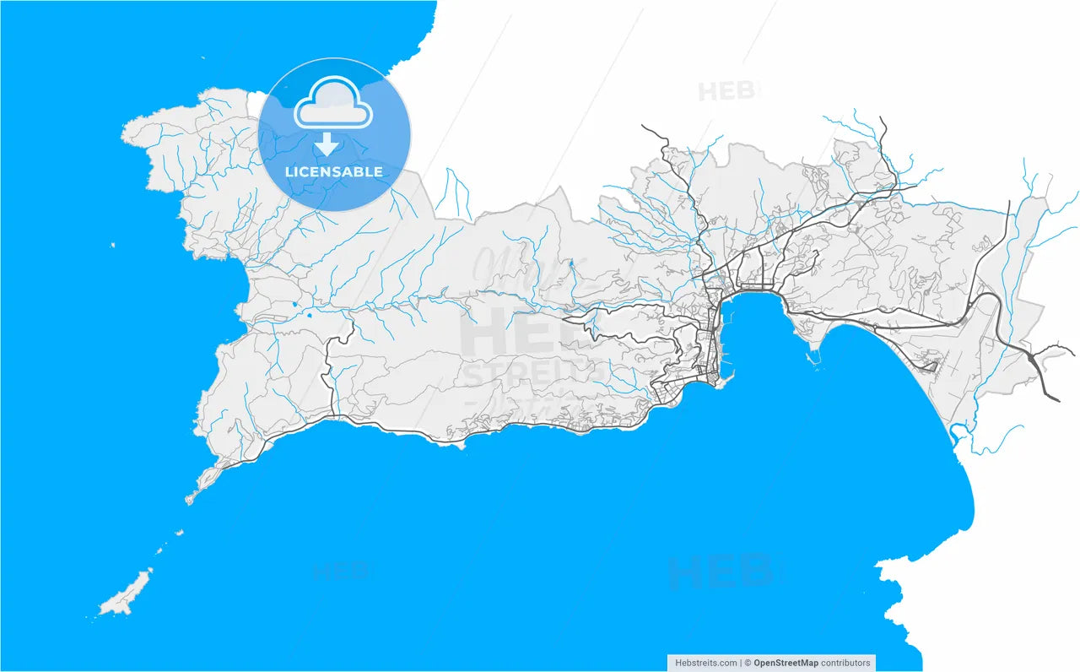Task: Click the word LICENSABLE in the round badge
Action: (x=333, y=172)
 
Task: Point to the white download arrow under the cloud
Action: (x=327, y=146)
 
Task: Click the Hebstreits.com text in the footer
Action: (x=706, y=664)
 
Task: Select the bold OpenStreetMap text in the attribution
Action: (x=786, y=664)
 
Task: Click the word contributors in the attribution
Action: (x=845, y=664)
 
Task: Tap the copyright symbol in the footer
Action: (x=748, y=664)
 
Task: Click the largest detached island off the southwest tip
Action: (x=127, y=593)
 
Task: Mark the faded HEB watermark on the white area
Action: (x=728, y=90)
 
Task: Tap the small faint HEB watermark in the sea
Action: (x=342, y=572)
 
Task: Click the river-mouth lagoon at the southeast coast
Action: (x=958, y=435)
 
